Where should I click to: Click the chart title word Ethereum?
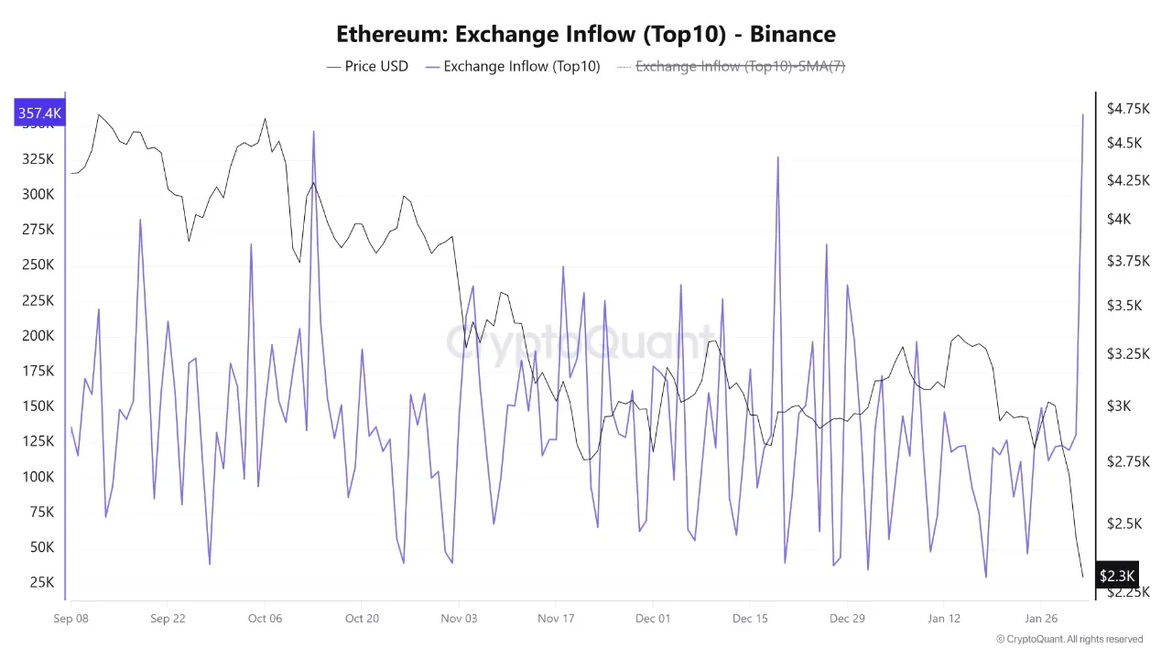point(392,35)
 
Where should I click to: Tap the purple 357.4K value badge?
point(39,113)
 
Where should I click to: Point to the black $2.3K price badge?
point(1117,576)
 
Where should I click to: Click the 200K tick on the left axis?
point(38,336)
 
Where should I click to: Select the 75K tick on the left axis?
point(40,512)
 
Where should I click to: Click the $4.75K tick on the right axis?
point(1128,109)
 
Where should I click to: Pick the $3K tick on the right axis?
point(1121,405)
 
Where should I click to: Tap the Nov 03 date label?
point(459,618)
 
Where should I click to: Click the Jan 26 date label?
point(1041,618)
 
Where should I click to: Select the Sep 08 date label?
point(71,618)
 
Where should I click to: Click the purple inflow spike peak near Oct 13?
point(313,132)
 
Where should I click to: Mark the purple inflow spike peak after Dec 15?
point(778,157)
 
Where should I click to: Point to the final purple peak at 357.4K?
point(1083,115)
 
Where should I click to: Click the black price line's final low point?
point(1082,577)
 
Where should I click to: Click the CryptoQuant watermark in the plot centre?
point(580,343)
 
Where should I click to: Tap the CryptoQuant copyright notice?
point(1069,639)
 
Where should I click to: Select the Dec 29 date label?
point(847,618)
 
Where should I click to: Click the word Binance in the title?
point(792,35)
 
